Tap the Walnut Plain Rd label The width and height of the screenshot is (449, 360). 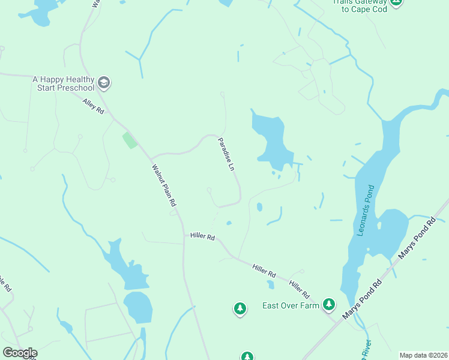[163, 187]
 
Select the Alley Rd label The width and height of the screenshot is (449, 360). [94, 107]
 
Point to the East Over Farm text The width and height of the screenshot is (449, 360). [291, 305]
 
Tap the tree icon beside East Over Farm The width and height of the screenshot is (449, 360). [328, 305]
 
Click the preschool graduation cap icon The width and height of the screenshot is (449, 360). [104, 83]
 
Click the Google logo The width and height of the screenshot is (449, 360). [20, 353]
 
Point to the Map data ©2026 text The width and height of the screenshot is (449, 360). [423, 355]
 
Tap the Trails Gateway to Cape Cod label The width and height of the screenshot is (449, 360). [359, 5]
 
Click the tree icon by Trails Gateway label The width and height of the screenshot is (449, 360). [396, 2]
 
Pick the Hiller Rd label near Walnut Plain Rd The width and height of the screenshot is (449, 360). [203, 237]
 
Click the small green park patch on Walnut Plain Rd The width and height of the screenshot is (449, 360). [130, 141]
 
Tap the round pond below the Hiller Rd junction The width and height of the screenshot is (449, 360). [137, 307]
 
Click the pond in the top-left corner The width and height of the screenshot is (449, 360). [42, 13]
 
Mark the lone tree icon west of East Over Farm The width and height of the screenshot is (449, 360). [240, 309]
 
